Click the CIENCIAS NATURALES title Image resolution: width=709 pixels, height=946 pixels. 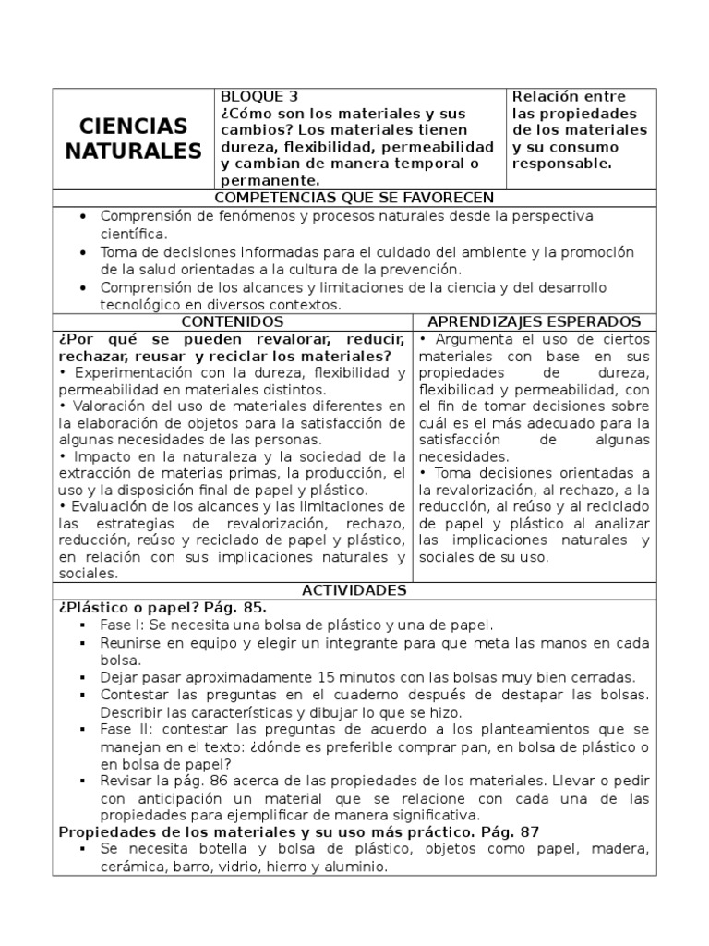click(x=133, y=139)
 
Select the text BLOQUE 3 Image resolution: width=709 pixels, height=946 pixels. click(x=258, y=97)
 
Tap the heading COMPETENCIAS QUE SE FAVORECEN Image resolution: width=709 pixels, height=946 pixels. click(x=354, y=198)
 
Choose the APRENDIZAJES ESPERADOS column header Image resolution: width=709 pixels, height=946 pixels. click(x=535, y=321)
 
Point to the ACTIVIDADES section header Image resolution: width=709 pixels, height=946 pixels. click(x=354, y=590)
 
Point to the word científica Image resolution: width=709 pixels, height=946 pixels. click(x=134, y=234)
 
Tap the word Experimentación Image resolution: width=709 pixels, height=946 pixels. click(x=125, y=372)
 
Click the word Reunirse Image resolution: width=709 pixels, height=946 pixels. click(x=131, y=642)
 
